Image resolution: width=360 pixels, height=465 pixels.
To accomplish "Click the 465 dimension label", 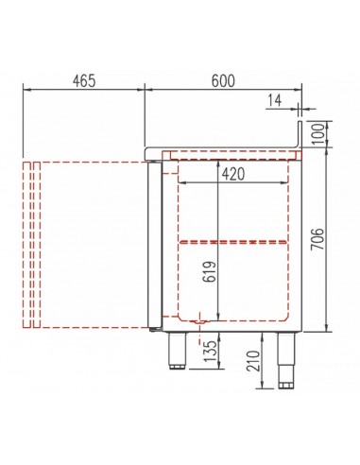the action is (84, 81).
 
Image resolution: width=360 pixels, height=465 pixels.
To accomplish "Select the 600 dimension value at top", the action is (223, 81).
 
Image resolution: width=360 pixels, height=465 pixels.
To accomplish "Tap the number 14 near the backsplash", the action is (275, 101).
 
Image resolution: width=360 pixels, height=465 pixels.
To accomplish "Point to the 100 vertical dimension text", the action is (318, 134).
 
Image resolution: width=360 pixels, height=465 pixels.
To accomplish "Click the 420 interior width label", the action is (232, 174).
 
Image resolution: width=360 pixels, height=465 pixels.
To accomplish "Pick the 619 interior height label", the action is (210, 271).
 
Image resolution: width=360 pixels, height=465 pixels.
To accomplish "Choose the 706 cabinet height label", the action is (317, 239).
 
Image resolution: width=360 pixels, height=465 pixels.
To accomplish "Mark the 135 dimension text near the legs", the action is (210, 351).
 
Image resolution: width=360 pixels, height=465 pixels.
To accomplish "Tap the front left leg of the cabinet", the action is (178, 351).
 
